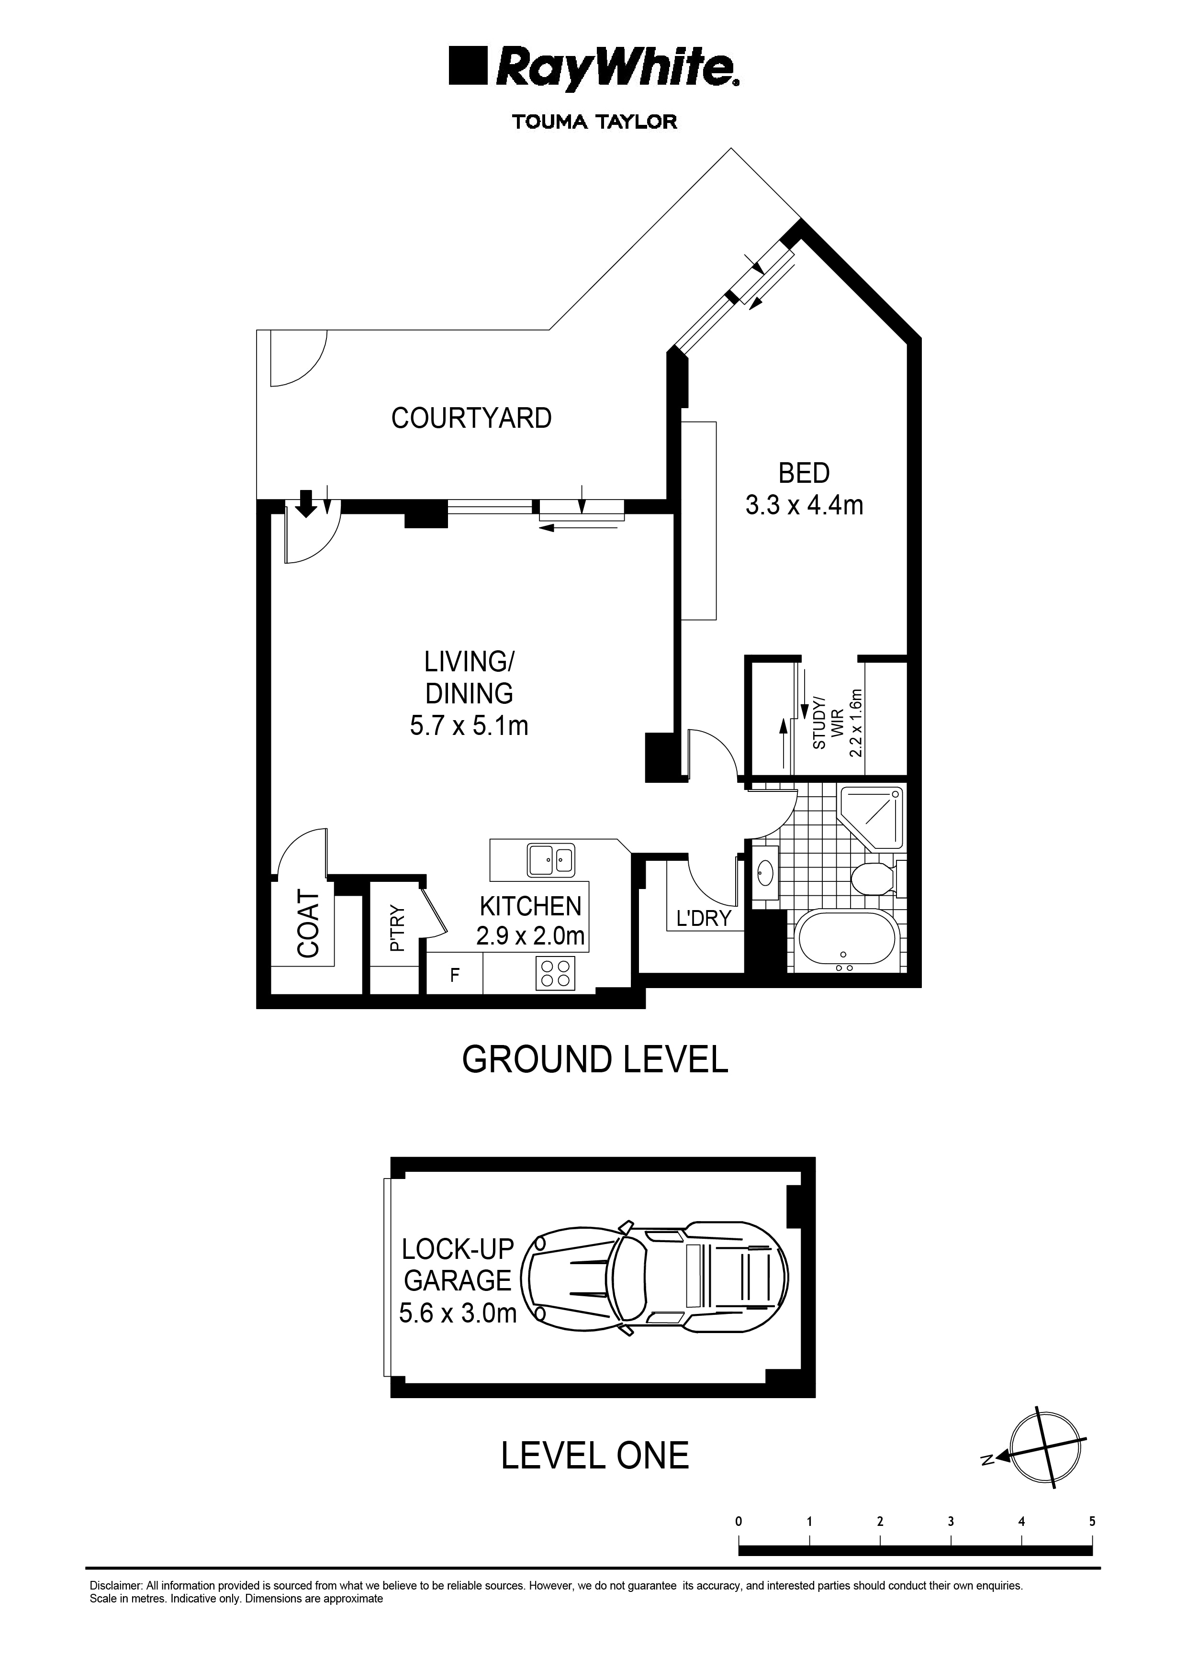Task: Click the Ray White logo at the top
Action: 594,69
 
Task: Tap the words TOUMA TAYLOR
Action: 594,122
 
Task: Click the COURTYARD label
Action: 471,418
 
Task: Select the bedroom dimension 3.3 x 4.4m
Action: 804,505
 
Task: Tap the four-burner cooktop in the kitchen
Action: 554,973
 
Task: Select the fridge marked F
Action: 454,975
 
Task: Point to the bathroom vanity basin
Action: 766,872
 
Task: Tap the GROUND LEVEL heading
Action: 594,1060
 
